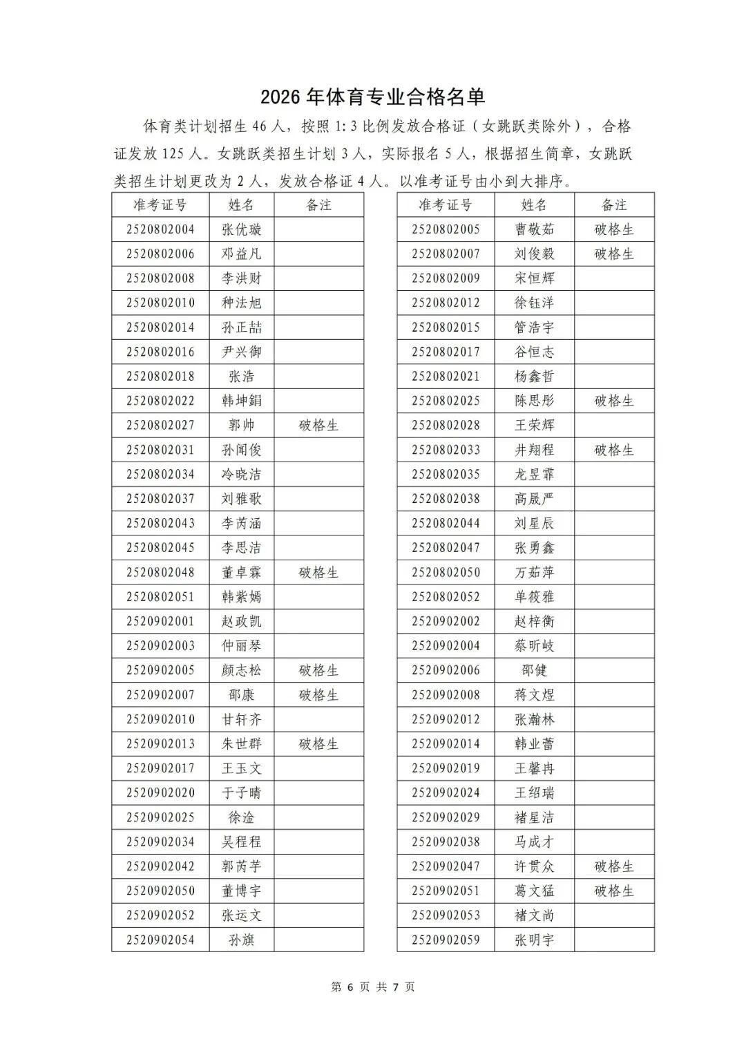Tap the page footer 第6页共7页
373,987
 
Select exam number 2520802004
160,229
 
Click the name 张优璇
241,229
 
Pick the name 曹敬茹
534,229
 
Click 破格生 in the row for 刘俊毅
613,254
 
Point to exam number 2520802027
160,426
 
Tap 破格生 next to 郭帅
318,426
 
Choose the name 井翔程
534,450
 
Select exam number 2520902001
160,622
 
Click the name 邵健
534,671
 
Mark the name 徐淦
241,818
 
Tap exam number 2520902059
446,940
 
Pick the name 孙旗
241,940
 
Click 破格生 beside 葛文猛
613,891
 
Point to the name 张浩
241,377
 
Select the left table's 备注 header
318,205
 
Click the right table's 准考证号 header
446,205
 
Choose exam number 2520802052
446,597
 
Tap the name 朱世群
241,744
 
